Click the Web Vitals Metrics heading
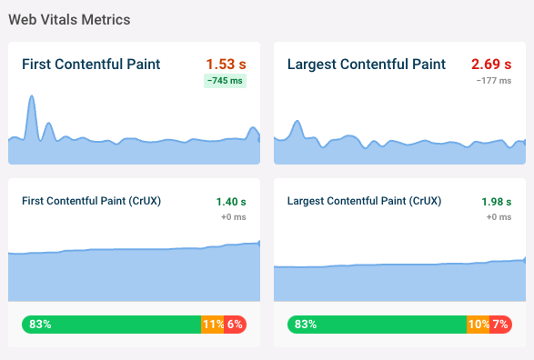68,19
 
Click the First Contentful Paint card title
91,65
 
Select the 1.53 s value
227,65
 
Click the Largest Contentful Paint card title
366,65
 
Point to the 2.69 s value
491,65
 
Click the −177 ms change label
494,81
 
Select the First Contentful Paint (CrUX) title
91,201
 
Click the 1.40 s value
231,201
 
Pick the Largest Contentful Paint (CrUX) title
360,201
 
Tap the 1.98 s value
497,201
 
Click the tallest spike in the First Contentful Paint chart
32,100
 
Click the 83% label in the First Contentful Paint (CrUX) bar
40,324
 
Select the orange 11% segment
213,324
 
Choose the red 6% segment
236,324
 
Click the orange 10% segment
478,324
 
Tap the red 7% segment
501,324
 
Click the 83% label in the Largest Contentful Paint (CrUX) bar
306,324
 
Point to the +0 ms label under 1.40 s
234,217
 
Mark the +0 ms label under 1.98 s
499,217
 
